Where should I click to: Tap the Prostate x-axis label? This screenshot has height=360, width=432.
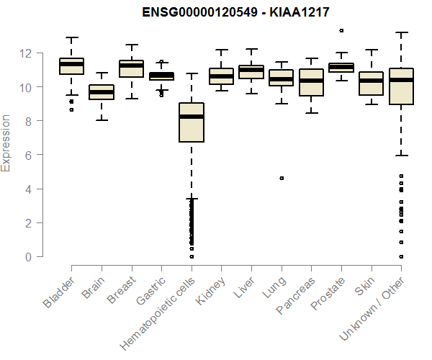coord(326,295)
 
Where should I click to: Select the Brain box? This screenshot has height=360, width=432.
coord(102,92)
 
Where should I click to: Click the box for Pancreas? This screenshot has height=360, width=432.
coord(311,82)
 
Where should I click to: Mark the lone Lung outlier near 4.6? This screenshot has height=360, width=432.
coord(282,178)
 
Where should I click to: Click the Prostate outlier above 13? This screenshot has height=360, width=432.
coord(341,30)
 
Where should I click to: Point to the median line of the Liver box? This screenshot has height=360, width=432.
coord(251,70)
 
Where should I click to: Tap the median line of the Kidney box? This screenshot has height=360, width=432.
coord(221,76)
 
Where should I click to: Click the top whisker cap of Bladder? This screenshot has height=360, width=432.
coord(72,37)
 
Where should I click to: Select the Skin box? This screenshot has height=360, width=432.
coord(371,84)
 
